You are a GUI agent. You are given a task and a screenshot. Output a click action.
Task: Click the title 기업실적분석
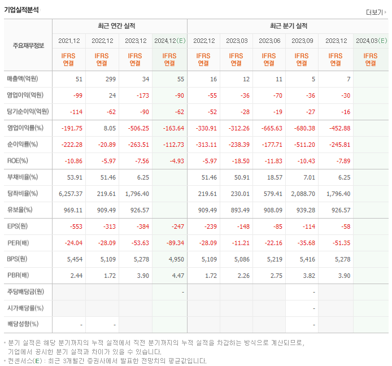pyautogui.click(x=21, y=9)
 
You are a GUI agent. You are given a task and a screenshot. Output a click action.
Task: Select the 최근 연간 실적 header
pyautogui.click(x=119, y=26)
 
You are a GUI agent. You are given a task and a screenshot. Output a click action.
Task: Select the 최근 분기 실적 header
pyautogui.click(x=288, y=26)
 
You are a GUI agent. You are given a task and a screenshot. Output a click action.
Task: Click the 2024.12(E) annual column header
pyautogui.click(x=169, y=41)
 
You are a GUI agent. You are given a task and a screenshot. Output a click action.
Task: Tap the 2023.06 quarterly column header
pyautogui.click(x=269, y=41)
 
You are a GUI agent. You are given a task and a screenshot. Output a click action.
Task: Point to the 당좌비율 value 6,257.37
pyautogui.click(x=71, y=194)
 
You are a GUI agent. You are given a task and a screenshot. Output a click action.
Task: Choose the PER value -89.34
pyautogui.click(x=173, y=243)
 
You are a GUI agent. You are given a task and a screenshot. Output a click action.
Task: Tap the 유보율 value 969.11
pyautogui.click(x=72, y=210)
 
